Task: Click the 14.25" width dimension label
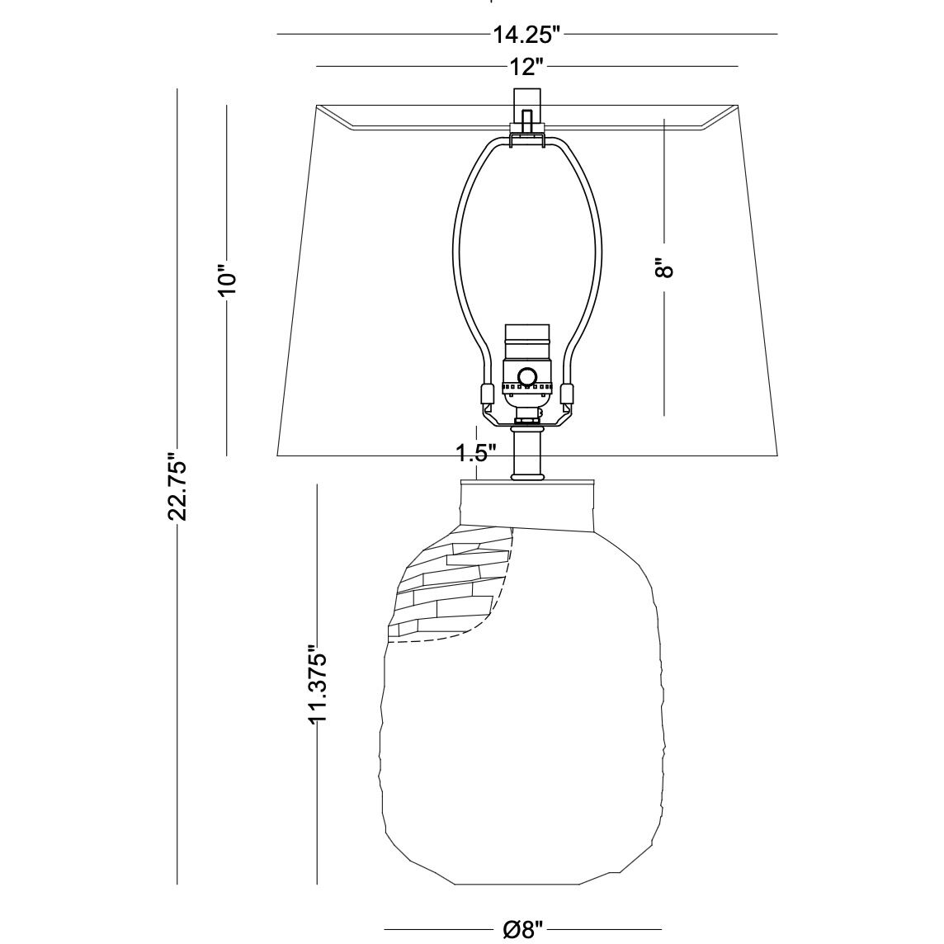click(526, 35)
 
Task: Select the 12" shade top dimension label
click(526, 67)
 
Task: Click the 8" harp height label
click(663, 268)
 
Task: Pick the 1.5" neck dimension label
click(475, 453)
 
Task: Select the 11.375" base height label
click(317, 685)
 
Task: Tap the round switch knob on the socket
click(528, 376)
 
